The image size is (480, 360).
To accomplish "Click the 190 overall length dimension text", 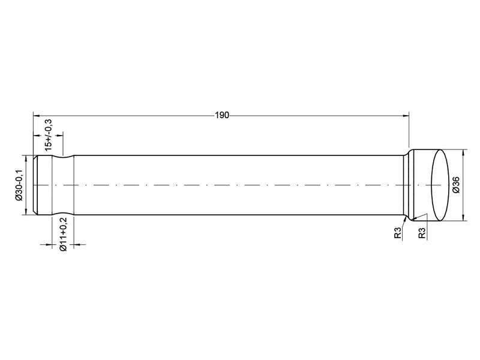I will pos(222,115).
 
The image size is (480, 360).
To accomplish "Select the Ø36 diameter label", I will pos(456,185).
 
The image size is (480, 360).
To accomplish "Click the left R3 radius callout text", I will pos(398,233).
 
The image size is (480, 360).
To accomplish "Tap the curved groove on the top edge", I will pos(63,158).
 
